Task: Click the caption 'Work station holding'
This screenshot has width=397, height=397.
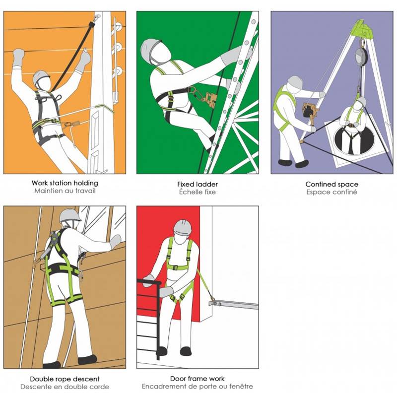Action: point(65,183)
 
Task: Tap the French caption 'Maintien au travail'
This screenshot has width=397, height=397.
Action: point(65,191)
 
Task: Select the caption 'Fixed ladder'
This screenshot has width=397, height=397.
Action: point(198,184)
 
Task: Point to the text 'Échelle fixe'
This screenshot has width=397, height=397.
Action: point(198,192)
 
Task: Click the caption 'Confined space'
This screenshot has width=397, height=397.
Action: point(331,184)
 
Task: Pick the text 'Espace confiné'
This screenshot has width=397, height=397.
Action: point(331,192)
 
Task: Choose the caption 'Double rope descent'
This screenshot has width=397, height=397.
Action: point(65,379)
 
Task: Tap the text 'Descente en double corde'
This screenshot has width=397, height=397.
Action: point(65,387)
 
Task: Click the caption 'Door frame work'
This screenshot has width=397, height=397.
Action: point(198,379)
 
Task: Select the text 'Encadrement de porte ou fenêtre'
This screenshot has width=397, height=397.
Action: point(198,387)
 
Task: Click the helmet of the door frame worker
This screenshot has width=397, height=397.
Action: point(183,227)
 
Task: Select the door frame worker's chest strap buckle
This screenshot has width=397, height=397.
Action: point(177,267)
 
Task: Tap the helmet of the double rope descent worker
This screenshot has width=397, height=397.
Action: point(70,215)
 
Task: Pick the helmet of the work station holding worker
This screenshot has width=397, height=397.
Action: point(41,78)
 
